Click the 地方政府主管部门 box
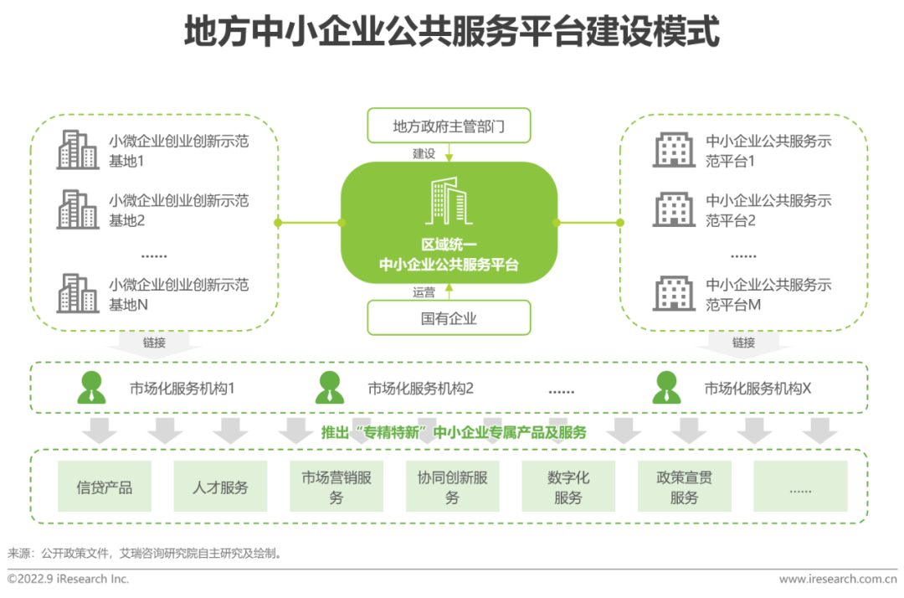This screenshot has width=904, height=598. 449,125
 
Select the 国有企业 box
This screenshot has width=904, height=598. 449,317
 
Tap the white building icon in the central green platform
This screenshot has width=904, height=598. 449,201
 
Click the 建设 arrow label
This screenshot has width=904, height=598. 424,153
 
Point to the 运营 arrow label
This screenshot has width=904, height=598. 424,292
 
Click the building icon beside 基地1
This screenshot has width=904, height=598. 77,149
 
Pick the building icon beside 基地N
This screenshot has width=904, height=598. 77,293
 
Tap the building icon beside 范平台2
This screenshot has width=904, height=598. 673,209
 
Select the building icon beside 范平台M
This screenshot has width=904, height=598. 673,293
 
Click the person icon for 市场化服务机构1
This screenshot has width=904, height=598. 92,387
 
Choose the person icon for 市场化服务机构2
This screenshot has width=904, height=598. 330,387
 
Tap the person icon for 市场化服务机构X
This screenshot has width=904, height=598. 666,387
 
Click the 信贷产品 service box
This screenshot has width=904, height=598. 105,486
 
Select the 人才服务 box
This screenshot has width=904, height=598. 220,486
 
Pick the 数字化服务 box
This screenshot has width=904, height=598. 568,486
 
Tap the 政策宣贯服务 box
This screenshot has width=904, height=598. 685,486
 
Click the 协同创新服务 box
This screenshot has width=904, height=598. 453,486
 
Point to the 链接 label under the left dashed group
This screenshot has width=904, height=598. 154,343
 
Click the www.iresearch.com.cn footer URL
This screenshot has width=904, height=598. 838,579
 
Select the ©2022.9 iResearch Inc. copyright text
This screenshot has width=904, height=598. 68,579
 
